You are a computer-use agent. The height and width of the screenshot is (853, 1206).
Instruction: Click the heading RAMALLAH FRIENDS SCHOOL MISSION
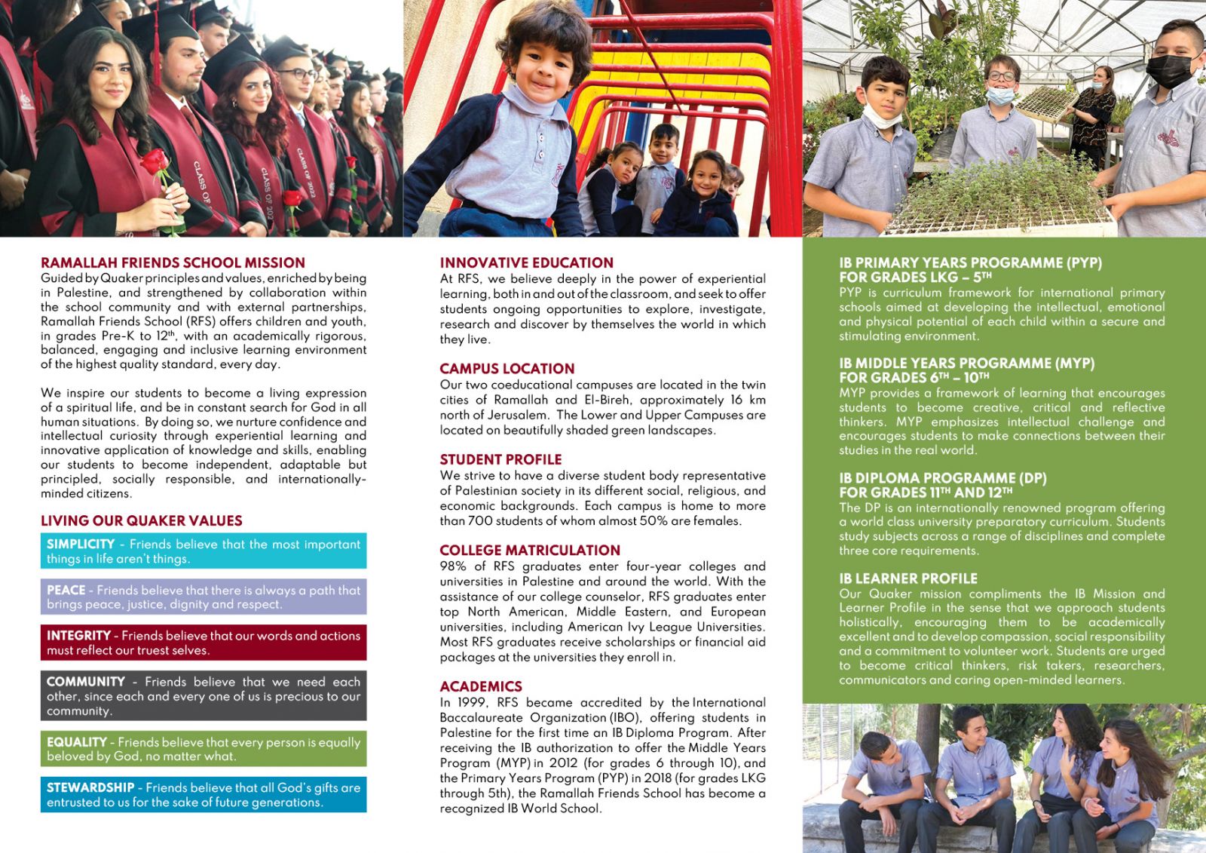tap(173, 262)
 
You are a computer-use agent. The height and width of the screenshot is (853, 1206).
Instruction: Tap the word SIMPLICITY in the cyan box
tap(81, 544)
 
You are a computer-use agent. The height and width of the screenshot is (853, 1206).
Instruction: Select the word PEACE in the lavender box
tap(66, 590)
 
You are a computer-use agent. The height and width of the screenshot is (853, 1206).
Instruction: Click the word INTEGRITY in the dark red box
tap(78, 636)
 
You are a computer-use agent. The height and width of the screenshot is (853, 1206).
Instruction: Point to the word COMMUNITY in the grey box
tap(86, 681)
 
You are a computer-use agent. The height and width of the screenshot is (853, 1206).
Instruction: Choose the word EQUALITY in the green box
tap(76, 742)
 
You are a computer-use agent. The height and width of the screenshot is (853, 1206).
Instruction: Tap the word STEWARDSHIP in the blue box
tap(90, 787)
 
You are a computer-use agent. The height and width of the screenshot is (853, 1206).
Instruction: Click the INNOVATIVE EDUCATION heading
tap(526, 262)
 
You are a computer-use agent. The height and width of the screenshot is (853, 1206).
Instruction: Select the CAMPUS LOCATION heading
tap(507, 369)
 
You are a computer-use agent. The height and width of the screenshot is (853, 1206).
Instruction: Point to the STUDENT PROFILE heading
tap(500, 459)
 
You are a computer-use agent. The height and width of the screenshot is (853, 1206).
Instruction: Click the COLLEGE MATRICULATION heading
tap(530, 551)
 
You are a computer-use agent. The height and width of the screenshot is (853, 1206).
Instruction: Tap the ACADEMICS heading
tap(481, 686)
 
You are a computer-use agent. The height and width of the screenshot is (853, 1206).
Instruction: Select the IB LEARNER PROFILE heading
tap(908, 578)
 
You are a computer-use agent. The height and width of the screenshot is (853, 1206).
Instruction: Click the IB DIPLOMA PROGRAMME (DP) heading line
tap(942, 478)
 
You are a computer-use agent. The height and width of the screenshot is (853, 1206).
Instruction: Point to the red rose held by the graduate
tap(155, 161)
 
